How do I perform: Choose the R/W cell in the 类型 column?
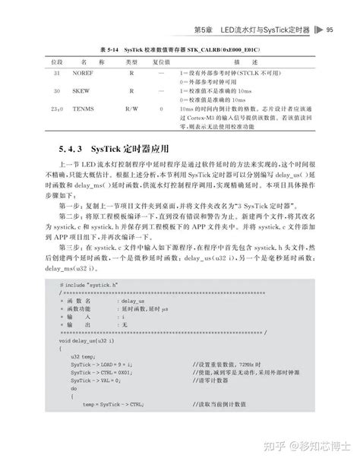131,109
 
